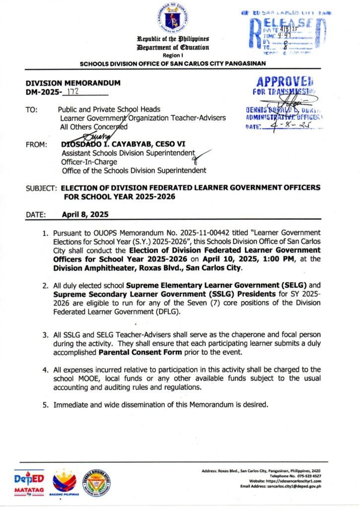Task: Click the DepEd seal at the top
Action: [174, 18]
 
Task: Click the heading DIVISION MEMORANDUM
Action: [66, 83]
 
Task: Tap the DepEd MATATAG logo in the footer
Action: [29, 483]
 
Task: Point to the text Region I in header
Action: [173, 56]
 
